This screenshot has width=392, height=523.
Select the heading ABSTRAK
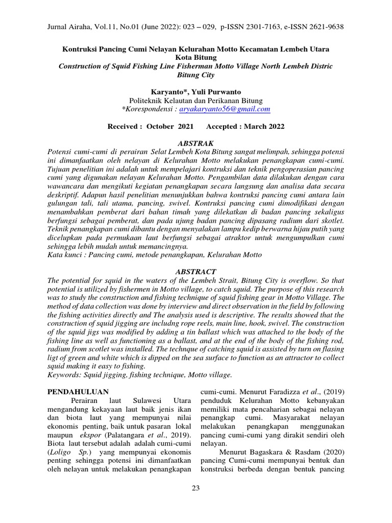195,143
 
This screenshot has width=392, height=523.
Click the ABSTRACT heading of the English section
195,271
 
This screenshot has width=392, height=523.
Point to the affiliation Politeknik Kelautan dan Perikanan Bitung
195,100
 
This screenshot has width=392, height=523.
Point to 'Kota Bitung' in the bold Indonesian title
195,58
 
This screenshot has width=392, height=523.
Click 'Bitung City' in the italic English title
195,75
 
